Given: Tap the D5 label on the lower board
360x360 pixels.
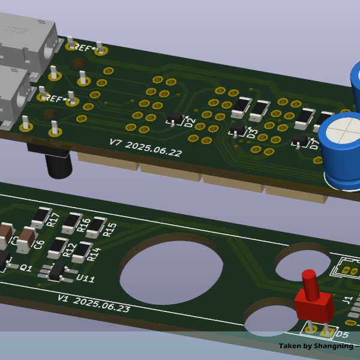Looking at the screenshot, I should (x=341, y=335).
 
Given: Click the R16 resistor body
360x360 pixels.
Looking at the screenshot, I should (x=72, y=223).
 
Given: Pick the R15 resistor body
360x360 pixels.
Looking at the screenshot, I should (x=95, y=229).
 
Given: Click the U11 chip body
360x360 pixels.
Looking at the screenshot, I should (x=58, y=271).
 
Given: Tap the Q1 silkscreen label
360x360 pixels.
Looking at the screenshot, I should (x=26, y=268).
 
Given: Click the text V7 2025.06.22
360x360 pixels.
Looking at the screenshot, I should (x=145, y=148).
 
